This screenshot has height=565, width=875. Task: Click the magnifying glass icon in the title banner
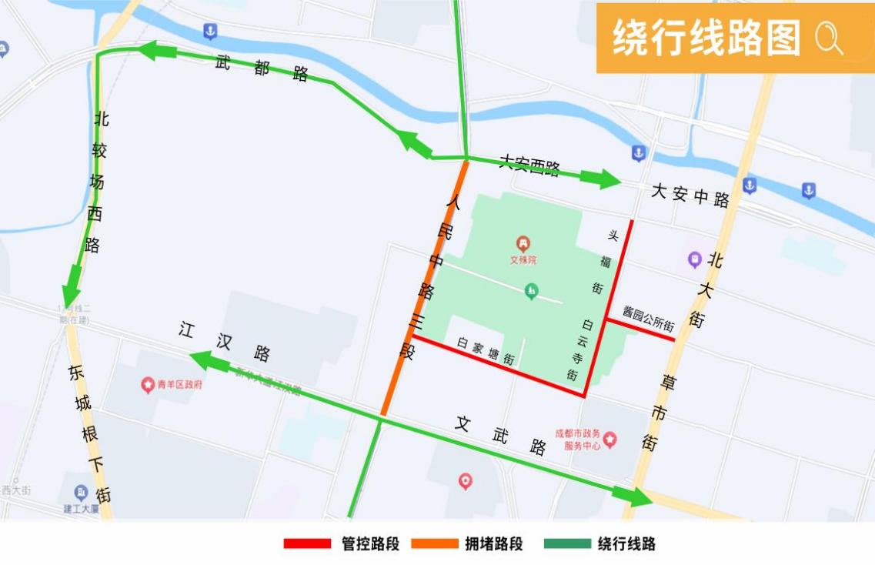tap(828, 38)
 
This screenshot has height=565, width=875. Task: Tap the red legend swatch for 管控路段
tap(306, 543)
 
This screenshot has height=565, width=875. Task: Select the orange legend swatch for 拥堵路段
tap(434, 543)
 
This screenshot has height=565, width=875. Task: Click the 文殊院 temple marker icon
tap(523, 245)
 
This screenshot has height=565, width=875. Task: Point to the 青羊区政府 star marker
tap(148, 384)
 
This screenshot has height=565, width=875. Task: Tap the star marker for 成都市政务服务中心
tap(610, 440)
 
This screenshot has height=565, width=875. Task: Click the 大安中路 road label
tap(690, 196)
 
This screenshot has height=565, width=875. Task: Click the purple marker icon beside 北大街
tap(695, 259)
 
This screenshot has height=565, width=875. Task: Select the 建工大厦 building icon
tap(81, 491)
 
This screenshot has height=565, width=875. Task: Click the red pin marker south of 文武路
tap(466, 482)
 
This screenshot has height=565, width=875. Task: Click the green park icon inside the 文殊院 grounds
tap(531, 291)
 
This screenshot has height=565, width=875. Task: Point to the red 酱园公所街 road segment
tap(640, 329)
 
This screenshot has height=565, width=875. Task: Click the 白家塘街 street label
tap(485, 352)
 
